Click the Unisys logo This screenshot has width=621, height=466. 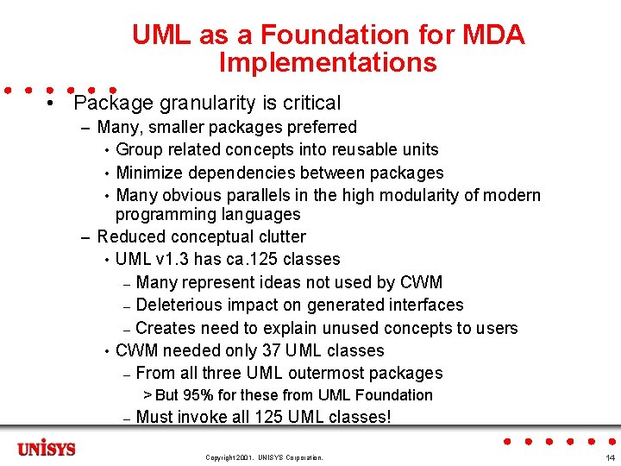click(x=47, y=449)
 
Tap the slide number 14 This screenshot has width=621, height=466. click(x=610, y=457)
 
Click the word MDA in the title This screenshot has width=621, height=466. click(x=492, y=35)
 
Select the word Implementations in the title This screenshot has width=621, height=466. click(x=328, y=63)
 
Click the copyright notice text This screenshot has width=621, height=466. click(x=264, y=457)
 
